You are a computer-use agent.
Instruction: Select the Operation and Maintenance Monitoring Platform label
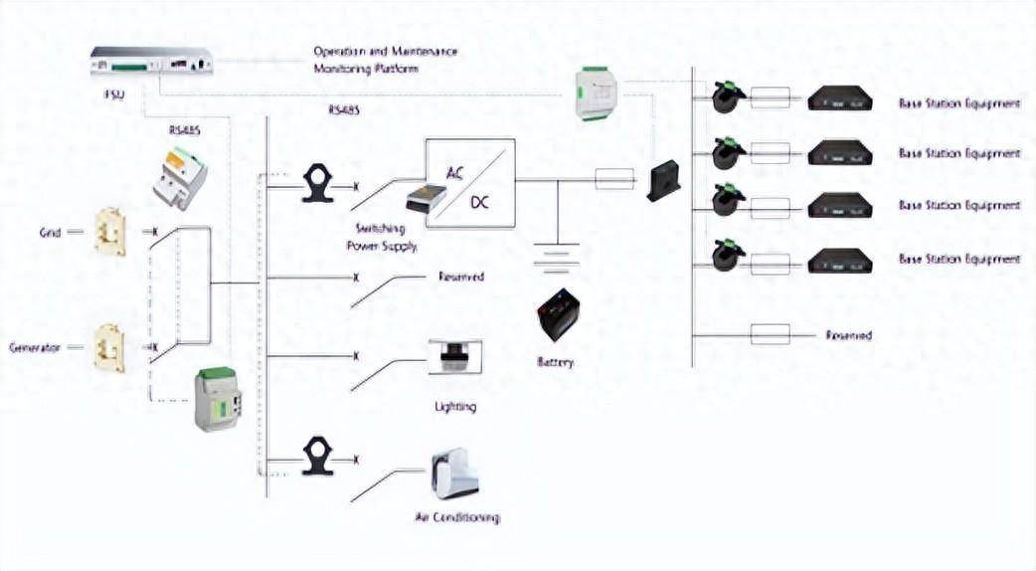pyautogui.click(x=386, y=60)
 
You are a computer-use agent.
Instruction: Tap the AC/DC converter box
pyautogui.click(x=470, y=180)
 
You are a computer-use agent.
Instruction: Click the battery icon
pyautogui.click(x=557, y=314)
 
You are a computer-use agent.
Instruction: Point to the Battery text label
pyautogui.click(x=555, y=363)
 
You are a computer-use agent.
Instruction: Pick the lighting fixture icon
pyautogui.click(x=454, y=357)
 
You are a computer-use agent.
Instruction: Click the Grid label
pyautogui.click(x=50, y=232)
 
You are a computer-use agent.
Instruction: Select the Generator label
pyautogui.click(x=35, y=347)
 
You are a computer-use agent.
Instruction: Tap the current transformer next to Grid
pyautogui.click(x=109, y=231)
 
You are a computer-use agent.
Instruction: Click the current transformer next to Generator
pyautogui.click(x=108, y=347)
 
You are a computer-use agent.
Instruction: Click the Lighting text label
pyautogui.click(x=455, y=406)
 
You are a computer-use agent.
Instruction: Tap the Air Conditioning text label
pyautogui.click(x=456, y=517)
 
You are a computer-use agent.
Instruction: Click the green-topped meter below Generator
pyautogui.click(x=218, y=399)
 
